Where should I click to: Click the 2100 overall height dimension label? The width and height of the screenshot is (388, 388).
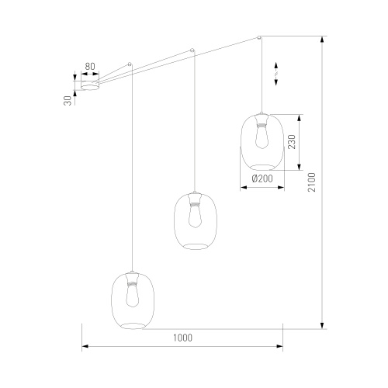pos(312,182)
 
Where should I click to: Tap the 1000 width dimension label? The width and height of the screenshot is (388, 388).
pos(182,338)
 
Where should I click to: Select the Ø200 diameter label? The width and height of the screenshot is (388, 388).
pos(262,178)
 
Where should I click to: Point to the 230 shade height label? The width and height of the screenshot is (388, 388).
pos(292,141)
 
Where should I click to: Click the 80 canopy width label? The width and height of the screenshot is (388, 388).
pos(90,67)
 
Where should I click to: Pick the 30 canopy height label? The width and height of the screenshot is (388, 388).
pos(68,100)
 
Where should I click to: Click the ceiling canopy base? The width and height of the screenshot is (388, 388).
pos(90,85)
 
